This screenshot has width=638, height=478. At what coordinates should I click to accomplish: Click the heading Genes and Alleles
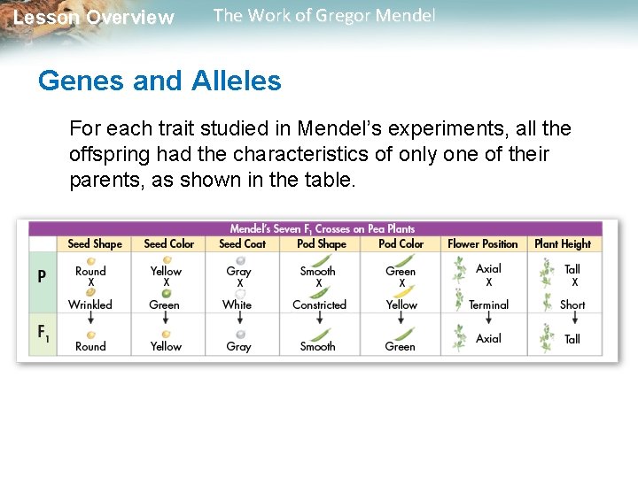(x=159, y=81)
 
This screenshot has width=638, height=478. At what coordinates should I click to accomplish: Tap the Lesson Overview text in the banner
(x=94, y=18)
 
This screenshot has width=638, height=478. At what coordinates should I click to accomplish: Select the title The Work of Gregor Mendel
(x=324, y=16)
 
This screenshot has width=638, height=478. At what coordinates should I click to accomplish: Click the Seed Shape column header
(x=95, y=243)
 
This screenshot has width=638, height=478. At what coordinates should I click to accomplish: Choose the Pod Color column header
(x=401, y=243)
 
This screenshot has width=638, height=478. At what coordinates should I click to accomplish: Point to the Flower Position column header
(x=482, y=243)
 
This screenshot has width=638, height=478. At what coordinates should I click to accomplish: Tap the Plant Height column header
(x=562, y=243)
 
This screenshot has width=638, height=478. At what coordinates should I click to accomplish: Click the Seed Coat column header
(x=242, y=243)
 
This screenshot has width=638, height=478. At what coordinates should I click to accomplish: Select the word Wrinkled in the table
(x=90, y=305)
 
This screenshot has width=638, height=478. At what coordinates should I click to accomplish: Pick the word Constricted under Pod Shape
(x=319, y=305)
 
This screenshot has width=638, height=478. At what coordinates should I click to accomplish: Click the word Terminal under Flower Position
(x=488, y=305)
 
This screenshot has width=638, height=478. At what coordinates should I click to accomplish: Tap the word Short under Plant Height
(x=572, y=305)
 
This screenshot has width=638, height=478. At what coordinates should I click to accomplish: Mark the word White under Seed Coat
(x=237, y=305)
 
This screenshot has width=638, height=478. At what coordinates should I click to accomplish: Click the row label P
(x=42, y=275)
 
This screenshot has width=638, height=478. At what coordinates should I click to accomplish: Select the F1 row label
(x=43, y=333)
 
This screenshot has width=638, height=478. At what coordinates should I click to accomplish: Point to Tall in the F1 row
(x=572, y=339)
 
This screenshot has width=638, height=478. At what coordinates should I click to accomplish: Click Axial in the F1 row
(x=488, y=339)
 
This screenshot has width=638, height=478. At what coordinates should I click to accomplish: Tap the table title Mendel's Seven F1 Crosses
(x=323, y=228)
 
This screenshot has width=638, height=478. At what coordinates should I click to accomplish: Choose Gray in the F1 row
(x=238, y=347)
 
